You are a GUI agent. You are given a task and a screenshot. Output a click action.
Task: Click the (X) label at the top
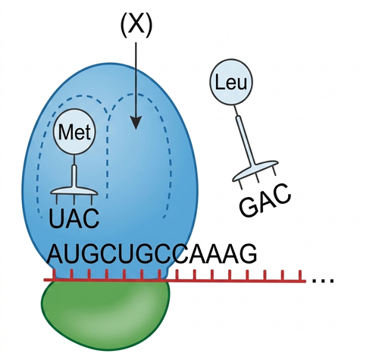click(136, 24)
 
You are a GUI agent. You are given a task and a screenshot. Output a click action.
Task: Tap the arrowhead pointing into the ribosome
click(136, 123)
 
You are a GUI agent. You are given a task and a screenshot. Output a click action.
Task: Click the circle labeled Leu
click(231, 82)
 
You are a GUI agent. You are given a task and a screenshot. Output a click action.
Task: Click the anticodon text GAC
click(265, 200)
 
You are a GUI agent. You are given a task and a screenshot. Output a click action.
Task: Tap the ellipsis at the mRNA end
click(324, 280)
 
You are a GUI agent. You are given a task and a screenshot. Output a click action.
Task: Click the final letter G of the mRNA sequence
click(247, 254)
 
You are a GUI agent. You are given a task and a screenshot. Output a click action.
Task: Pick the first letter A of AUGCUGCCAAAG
click(57, 254)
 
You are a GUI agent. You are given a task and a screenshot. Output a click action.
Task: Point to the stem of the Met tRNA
click(74, 177)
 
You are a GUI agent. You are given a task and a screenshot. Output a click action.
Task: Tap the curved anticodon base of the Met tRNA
click(74, 192)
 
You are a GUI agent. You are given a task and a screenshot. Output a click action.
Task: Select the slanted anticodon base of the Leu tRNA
click(255, 171)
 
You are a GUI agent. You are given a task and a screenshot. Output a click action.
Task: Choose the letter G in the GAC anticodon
click(249, 206)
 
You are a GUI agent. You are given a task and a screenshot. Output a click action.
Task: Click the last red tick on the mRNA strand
click(300, 275)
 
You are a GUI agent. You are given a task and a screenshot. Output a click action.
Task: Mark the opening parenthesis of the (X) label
click(124, 24)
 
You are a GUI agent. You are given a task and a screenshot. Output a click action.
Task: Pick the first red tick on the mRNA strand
click(54, 274)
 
